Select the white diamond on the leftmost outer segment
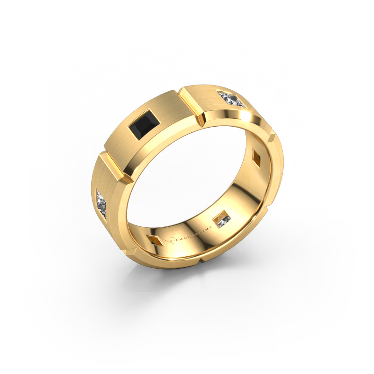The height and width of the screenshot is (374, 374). point(103,201)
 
